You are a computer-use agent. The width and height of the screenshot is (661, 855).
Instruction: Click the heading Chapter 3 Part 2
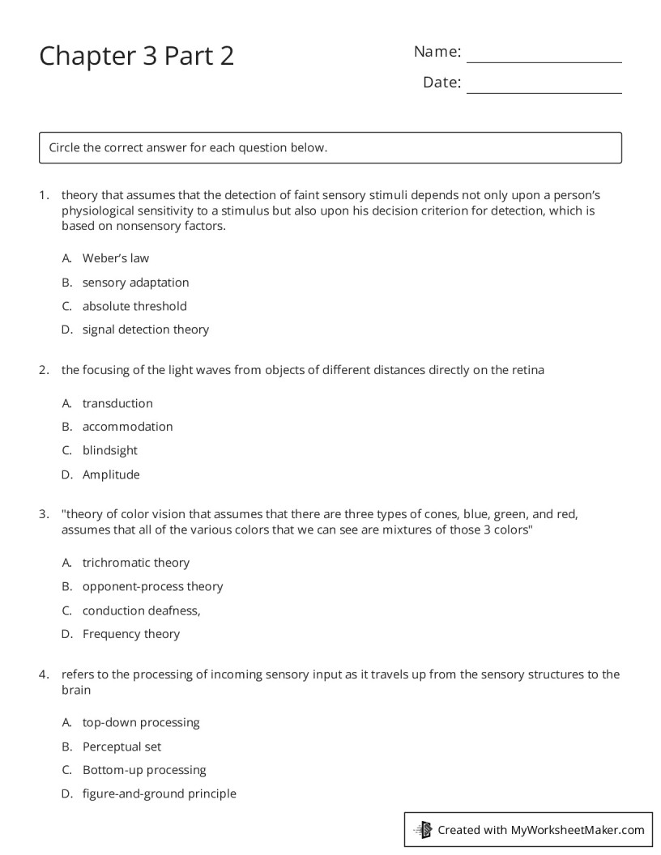pyautogui.click(x=136, y=56)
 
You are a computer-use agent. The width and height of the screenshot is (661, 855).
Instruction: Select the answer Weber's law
pyautogui.click(x=115, y=258)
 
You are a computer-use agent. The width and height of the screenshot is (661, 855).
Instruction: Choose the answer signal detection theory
pyautogui.click(x=145, y=330)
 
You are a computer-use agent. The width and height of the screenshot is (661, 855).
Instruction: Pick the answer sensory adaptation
pyautogui.click(x=135, y=283)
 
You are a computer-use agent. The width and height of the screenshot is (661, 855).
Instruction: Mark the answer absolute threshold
pyautogui.click(x=134, y=306)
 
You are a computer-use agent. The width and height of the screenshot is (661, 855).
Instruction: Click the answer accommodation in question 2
pyautogui.click(x=127, y=427)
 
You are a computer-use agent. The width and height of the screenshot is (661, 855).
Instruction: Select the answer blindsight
pyautogui.click(x=109, y=450)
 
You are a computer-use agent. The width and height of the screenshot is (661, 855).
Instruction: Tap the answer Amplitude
pyautogui.click(x=111, y=474)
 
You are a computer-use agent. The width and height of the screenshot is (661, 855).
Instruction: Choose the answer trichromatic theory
pyautogui.click(x=135, y=563)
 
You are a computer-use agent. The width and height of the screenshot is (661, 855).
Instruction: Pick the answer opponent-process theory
pyautogui.click(x=152, y=586)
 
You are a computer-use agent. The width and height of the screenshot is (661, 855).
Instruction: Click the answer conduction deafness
pyautogui.click(x=141, y=610)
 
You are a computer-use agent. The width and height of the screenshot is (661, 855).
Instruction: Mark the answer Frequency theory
pyautogui.click(x=130, y=634)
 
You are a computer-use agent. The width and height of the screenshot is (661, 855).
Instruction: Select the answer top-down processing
pyautogui.click(x=140, y=722)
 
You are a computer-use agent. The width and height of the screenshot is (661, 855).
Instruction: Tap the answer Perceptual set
pyautogui.click(x=122, y=747)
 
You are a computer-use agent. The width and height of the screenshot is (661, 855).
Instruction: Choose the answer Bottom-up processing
pyautogui.click(x=144, y=770)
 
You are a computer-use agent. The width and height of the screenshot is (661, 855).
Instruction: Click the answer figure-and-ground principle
pyautogui.click(x=159, y=793)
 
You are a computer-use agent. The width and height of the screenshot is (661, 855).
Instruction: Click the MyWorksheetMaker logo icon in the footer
pyautogui.click(x=423, y=829)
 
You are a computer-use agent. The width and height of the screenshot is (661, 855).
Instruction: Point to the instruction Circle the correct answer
pyautogui.click(x=188, y=148)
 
